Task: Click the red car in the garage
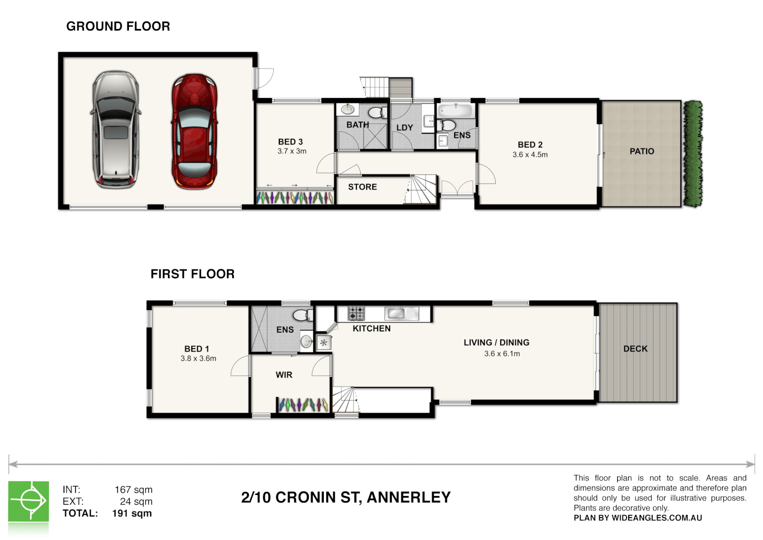click(x=194, y=131)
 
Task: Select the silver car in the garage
click(x=115, y=129)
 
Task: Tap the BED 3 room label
click(x=290, y=142)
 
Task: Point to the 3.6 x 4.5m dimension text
click(x=530, y=155)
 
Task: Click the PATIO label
click(x=642, y=151)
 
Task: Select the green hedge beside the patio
click(x=693, y=153)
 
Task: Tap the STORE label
click(x=362, y=187)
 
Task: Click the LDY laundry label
click(x=404, y=128)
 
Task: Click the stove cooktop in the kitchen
click(x=356, y=313)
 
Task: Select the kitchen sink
click(x=396, y=313)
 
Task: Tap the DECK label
click(x=635, y=349)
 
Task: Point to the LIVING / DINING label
click(x=496, y=342)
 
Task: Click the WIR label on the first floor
click(x=284, y=375)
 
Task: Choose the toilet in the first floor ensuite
click(x=301, y=315)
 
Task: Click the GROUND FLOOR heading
click(x=118, y=26)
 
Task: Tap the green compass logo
click(x=28, y=500)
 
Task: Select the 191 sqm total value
click(x=132, y=513)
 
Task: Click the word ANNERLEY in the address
click(x=408, y=497)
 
